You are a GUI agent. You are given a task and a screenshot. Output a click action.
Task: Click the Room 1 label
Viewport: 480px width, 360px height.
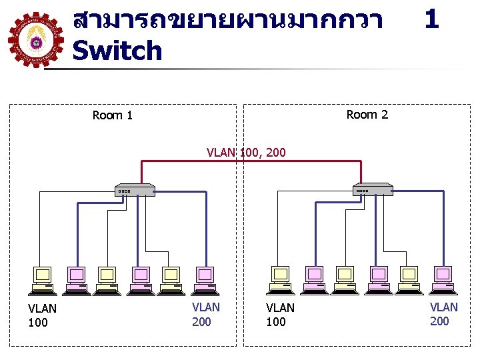[112, 115]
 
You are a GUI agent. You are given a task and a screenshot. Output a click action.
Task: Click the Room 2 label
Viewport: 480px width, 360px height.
[367, 115]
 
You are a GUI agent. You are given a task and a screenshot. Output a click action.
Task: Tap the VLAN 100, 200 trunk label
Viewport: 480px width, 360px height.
[246, 153]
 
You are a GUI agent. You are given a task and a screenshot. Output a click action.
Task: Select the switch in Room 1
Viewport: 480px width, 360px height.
[135, 190]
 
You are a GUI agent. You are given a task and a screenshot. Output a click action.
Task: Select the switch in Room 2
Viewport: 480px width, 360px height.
[373, 189]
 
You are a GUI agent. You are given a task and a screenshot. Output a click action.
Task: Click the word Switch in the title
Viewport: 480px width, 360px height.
[117, 51]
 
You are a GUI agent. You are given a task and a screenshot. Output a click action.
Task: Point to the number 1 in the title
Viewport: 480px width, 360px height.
[431, 19]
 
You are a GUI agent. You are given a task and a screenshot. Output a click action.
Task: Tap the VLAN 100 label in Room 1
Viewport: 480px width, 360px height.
[42, 315]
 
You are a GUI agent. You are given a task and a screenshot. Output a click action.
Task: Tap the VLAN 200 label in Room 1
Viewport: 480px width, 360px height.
[205, 315]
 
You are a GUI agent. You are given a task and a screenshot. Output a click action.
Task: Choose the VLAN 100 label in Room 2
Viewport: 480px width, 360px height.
[280, 315]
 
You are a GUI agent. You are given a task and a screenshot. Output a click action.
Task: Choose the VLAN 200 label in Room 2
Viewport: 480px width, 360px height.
[443, 314]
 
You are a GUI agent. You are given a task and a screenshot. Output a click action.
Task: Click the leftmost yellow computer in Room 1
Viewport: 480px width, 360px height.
[43, 279]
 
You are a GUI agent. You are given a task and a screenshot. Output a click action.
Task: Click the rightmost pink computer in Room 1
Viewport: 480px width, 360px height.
[205, 279]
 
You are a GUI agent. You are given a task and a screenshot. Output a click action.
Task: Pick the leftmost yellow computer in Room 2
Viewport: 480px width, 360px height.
[281, 279]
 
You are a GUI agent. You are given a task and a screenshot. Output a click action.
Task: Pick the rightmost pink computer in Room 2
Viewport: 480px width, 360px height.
[443, 279]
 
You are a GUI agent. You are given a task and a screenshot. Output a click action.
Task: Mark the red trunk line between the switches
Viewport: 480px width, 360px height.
[250, 161]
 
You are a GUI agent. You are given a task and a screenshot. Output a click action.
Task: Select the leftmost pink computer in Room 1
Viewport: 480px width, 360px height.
[76, 279]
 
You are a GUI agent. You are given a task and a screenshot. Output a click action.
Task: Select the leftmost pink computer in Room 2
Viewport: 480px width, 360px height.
[314, 279]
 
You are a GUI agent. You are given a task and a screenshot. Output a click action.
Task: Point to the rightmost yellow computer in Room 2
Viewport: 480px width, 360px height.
[409, 279]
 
